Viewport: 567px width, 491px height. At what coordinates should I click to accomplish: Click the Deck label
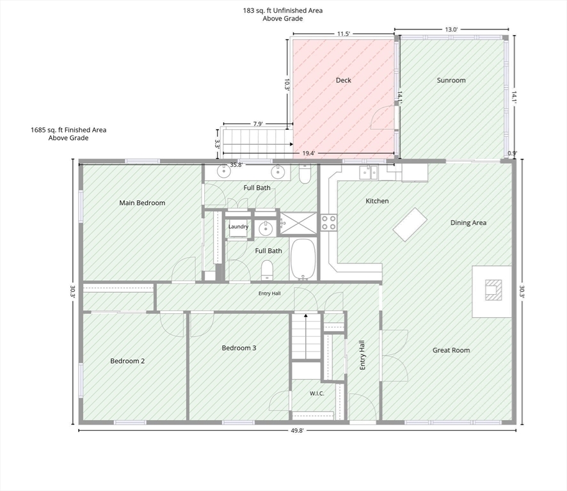pyautogui.click(x=343, y=80)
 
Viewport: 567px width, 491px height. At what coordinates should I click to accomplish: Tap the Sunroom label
pyautogui.click(x=451, y=80)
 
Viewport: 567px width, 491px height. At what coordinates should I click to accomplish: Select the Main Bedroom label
pyautogui.click(x=142, y=203)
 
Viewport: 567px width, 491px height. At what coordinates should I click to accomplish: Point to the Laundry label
pyautogui.click(x=238, y=226)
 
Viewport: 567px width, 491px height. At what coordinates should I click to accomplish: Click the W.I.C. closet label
pyautogui.click(x=317, y=393)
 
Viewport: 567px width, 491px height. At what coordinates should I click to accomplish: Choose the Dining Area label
pyautogui.click(x=468, y=222)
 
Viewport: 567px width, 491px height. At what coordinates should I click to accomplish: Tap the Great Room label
pyautogui.click(x=451, y=350)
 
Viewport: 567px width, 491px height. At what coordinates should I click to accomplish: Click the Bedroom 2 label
pyautogui.click(x=127, y=361)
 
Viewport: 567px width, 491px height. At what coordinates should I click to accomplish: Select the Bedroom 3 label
pyautogui.click(x=239, y=348)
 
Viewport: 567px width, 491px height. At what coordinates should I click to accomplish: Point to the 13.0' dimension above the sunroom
pyautogui.click(x=451, y=29)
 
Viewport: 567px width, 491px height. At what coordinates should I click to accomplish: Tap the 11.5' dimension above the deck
pyautogui.click(x=344, y=34)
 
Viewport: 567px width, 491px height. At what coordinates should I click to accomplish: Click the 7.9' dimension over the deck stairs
pyautogui.click(x=258, y=124)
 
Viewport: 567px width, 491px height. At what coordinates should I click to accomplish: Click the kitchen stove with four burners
pyautogui.click(x=329, y=222)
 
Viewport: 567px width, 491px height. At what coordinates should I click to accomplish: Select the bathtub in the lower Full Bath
pyautogui.click(x=304, y=259)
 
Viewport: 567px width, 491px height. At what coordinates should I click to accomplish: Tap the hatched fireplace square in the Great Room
pyautogui.click(x=493, y=290)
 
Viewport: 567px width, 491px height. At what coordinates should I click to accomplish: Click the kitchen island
pyautogui.click(x=410, y=224)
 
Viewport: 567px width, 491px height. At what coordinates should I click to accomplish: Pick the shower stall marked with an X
pyautogui.click(x=299, y=223)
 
